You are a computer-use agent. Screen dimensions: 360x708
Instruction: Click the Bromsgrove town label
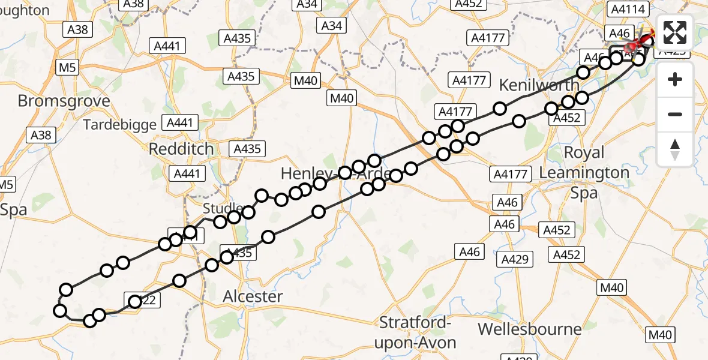[64, 100]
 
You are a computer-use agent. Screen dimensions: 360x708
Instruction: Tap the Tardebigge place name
[120, 125]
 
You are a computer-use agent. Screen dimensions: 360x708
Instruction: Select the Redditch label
[181, 148]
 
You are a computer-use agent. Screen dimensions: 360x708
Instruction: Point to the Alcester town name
[253, 296]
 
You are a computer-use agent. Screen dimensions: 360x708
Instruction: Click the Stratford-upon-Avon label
[415, 332]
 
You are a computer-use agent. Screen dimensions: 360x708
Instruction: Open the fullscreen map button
[675, 32]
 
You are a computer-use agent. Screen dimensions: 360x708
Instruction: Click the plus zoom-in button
[675, 79]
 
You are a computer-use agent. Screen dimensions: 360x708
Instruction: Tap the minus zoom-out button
[675, 114]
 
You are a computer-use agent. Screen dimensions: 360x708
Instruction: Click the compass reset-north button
[675, 149]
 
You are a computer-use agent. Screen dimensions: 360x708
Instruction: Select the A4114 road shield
[626, 9]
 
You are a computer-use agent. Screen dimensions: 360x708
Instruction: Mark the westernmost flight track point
[60, 310]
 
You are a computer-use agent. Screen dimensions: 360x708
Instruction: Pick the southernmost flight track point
[90, 321]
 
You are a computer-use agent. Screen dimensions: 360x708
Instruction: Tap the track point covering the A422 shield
[135, 301]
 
